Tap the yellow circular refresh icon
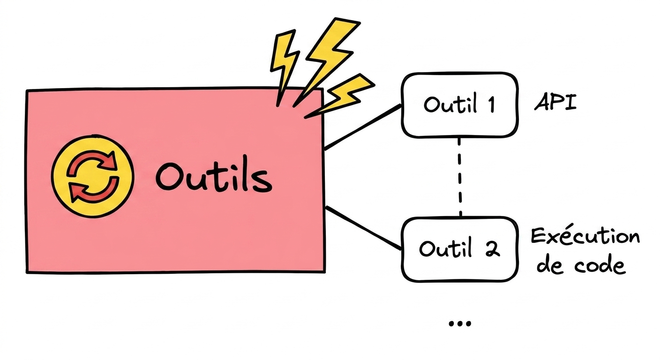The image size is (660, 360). tap(92, 176)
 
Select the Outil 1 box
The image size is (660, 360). tap(460, 105)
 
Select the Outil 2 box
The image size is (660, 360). tap(460, 249)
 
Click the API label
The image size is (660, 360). tap(555, 103)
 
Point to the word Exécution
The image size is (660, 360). tap(585, 236)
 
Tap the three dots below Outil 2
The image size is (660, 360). tap(460, 323)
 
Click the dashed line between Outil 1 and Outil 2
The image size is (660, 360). tap(460, 177)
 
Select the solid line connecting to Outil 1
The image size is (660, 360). tap(363, 127)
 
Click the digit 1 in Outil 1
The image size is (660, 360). tap(491, 104)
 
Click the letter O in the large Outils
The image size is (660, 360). tap(169, 177)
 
